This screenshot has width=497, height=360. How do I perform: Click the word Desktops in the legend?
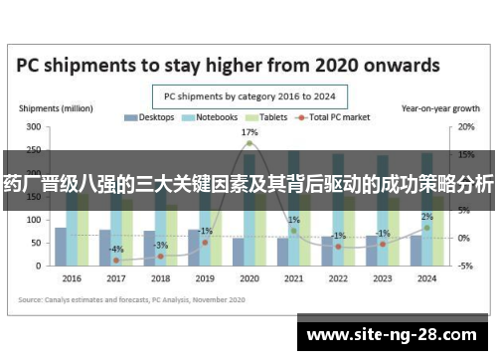coord(155,117)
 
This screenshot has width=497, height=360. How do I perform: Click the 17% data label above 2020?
coord(249,132)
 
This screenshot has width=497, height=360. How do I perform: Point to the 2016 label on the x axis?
coord(72,278)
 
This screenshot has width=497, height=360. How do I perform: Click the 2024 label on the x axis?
coord(425,278)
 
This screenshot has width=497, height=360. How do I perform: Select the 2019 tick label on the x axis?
coord(204,278)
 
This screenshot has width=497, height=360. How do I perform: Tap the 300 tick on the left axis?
coord(33,127)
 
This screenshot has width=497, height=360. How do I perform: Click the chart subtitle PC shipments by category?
coord(248,96)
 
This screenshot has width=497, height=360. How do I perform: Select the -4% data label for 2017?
coord(116,249)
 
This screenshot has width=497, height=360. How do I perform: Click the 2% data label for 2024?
coord(426,217)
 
